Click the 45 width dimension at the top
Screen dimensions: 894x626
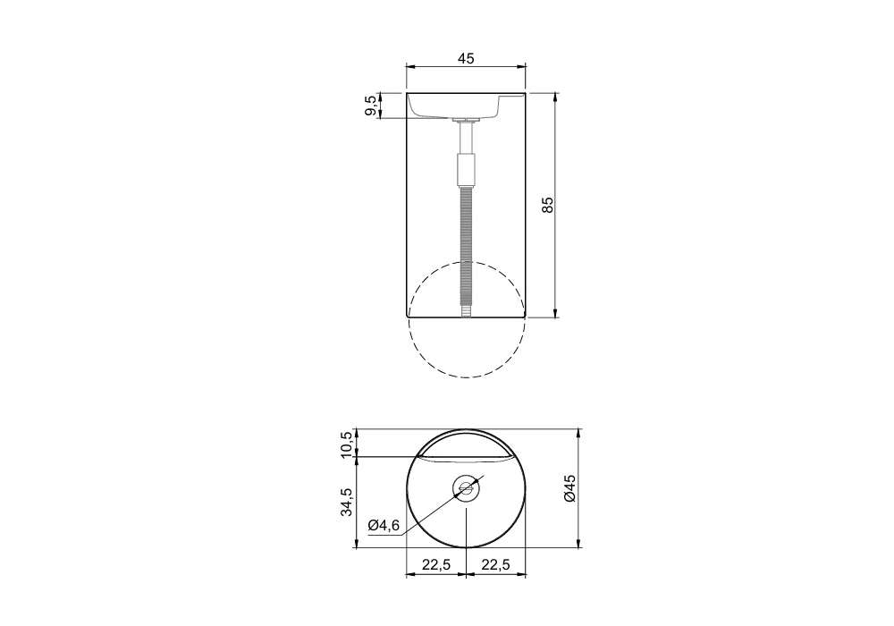pos(466,58)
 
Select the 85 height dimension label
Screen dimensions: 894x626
pos(547,205)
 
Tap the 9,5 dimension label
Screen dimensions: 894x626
pos(371,106)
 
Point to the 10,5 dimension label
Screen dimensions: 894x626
pos(346,444)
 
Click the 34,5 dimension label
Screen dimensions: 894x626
pos(346,502)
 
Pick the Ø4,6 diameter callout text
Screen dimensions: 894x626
pos(384,525)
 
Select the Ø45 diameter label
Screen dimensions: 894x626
pos(570,488)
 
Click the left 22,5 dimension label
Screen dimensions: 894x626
pos(436,564)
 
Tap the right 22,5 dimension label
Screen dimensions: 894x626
pos(495,564)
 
